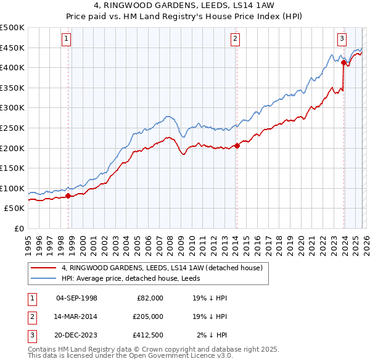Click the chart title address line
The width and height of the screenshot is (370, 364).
coord(184,7)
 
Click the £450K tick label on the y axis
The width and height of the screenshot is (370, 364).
coord(12,48)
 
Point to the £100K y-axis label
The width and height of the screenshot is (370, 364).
coord(12,188)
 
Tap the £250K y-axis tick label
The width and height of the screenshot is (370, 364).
coord(12,128)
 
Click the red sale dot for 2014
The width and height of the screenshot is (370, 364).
coord(237,146)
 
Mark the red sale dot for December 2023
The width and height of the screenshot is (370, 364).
coord(343,62)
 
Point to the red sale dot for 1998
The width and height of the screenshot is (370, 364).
coord(68,196)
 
